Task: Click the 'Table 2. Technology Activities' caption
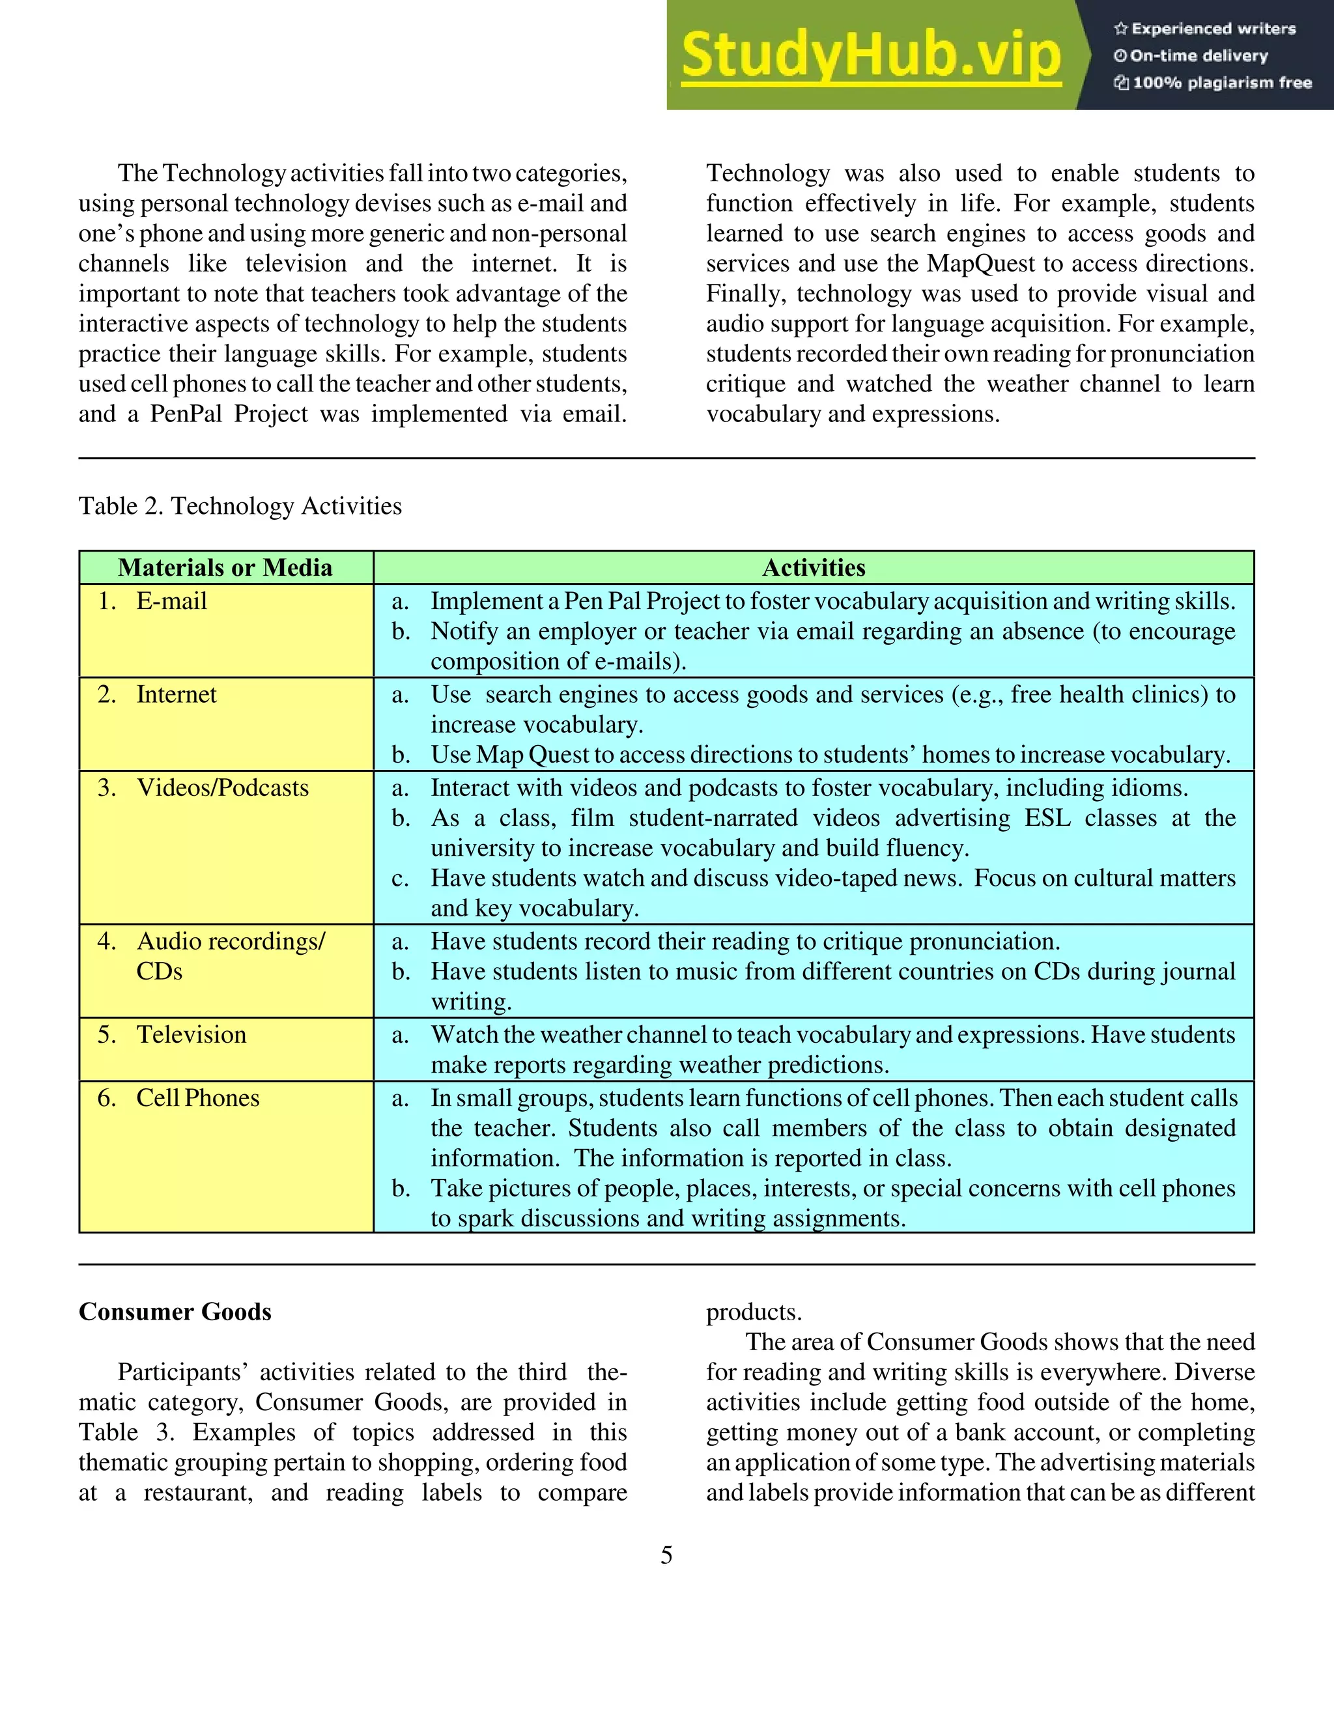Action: click(x=240, y=506)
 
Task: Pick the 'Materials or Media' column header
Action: click(x=225, y=567)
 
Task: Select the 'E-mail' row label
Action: click(x=171, y=601)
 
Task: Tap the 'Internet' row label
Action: click(x=177, y=694)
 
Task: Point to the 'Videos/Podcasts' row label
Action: click(x=222, y=787)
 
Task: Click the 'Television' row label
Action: click(x=192, y=1034)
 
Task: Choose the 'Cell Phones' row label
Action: click(x=197, y=1097)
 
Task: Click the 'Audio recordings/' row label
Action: click(x=230, y=941)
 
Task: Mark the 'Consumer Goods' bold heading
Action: click(x=175, y=1311)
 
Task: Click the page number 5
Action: click(x=666, y=1555)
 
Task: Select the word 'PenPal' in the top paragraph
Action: click(x=186, y=414)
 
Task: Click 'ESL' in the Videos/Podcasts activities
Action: click(x=1047, y=817)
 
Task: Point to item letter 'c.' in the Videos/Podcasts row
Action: click(x=401, y=878)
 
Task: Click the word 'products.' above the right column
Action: click(x=753, y=1311)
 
